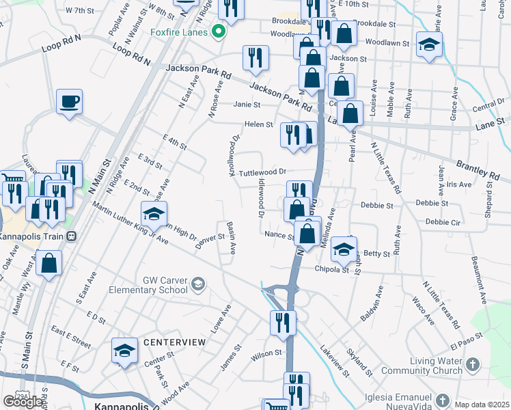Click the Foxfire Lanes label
179,31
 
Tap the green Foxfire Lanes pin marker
219,31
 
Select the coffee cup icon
69,102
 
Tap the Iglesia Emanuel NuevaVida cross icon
443,399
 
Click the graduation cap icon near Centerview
125,351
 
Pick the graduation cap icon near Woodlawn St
429,46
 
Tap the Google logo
23,401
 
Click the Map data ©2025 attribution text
482,404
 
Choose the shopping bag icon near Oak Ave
49,263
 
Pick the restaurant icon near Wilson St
283,323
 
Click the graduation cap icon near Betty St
344,249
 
